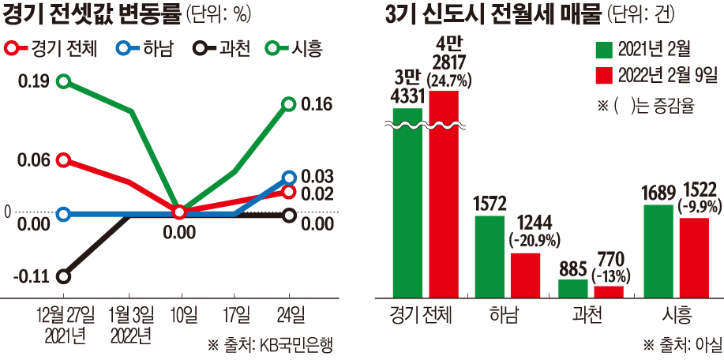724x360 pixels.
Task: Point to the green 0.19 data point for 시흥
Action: [65, 81]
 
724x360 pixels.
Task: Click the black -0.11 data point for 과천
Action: [65, 276]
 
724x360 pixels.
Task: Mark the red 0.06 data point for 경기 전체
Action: [65, 160]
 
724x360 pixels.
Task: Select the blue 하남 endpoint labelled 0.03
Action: [288, 178]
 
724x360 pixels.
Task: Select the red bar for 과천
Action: [609, 291]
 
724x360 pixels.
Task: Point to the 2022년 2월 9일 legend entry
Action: [655, 75]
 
